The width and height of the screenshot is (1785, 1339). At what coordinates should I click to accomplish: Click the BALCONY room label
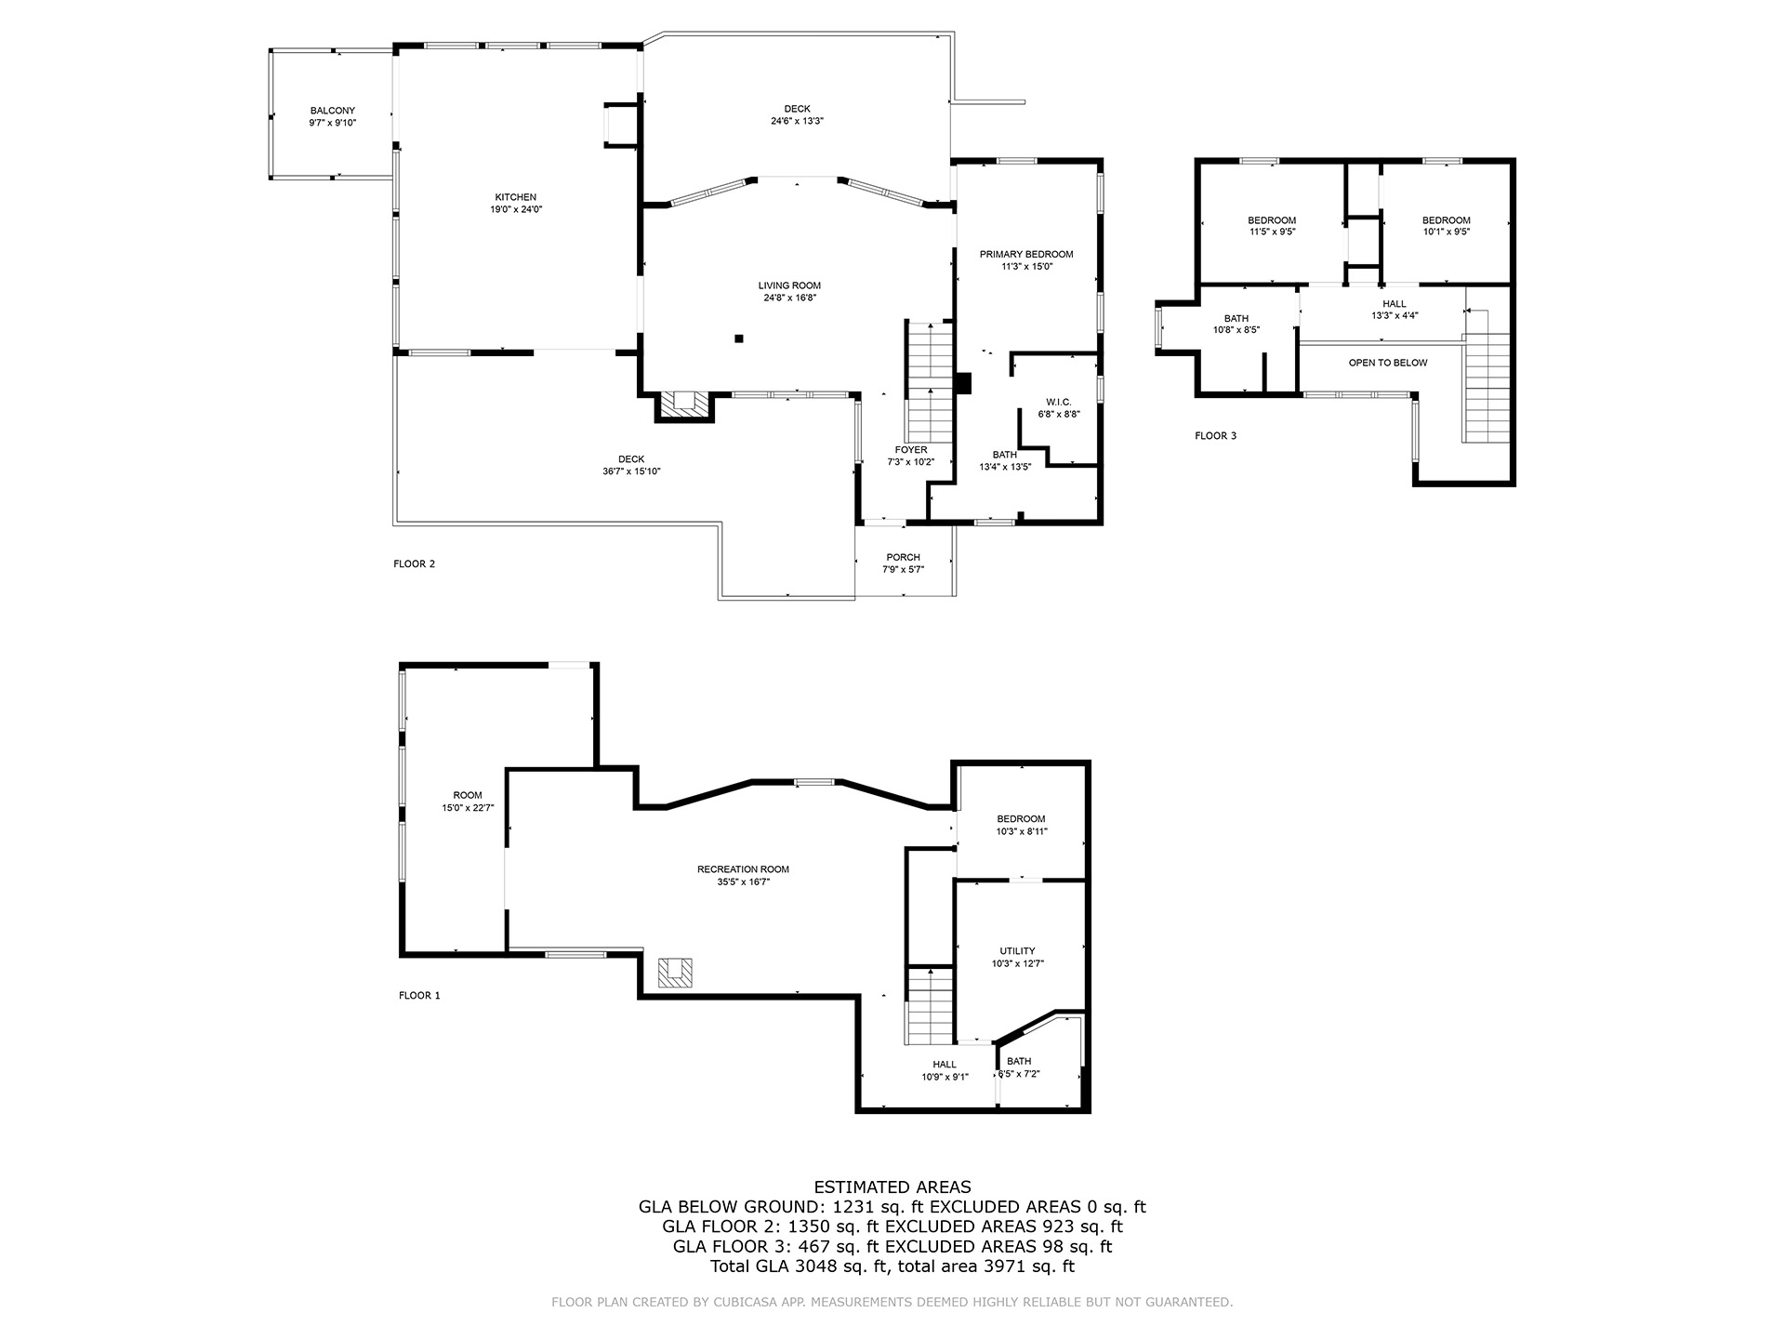(332, 111)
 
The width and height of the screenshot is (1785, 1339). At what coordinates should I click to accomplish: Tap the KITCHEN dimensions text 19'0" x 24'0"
(516, 210)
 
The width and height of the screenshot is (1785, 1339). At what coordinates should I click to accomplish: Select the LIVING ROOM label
(789, 285)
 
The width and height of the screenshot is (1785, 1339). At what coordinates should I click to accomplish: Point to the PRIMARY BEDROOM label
(1025, 254)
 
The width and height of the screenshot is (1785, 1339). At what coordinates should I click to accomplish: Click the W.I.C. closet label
(1058, 402)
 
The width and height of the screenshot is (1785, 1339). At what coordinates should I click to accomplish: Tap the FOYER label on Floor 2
(910, 450)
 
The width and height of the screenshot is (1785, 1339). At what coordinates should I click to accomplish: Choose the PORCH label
(902, 557)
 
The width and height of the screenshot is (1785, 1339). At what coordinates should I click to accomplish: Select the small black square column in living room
(739, 338)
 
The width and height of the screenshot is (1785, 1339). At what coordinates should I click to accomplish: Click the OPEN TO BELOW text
(1387, 363)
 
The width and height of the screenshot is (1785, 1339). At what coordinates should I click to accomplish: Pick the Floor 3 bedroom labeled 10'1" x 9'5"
(1446, 226)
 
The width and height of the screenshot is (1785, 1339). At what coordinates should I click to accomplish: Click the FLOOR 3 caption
(1215, 436)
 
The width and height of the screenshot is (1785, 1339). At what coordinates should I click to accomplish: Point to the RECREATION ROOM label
(743, 869)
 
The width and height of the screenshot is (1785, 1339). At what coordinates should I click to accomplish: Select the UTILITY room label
(1017, 951)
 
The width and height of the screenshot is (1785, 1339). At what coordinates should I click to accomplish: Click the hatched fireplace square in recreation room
(675, 972)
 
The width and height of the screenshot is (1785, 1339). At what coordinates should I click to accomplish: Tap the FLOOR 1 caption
(419, 996)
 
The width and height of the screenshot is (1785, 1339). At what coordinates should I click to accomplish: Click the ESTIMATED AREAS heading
(892, 1187)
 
